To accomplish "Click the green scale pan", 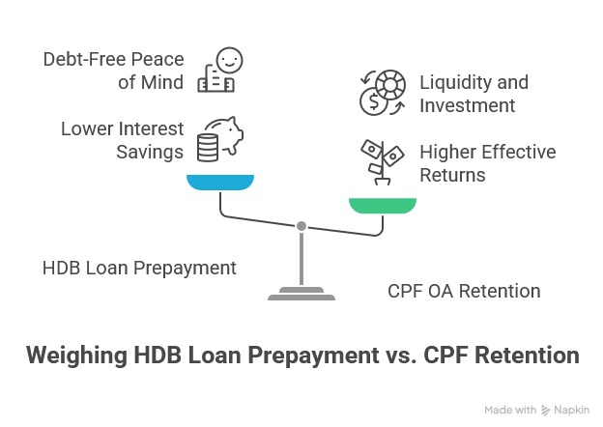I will point(383,204).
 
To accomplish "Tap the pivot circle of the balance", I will point(301,225).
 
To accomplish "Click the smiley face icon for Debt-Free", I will point(221,71).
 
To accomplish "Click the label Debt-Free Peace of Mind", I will point(113,71).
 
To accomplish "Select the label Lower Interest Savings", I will point(123,138).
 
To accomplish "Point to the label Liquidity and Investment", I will point(467,94).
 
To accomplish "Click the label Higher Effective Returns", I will point(486,163).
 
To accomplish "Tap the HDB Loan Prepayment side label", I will point(139,267).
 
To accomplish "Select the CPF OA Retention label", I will point(463,290).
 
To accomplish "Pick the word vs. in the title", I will point(390,356).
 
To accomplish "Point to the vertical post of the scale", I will point(301,256).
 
